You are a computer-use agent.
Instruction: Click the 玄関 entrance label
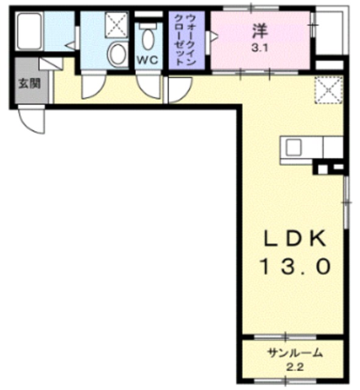(x=30, y=84)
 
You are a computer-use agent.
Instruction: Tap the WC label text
(x=147, y=60)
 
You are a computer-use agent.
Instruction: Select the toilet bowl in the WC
(x=147, y=39)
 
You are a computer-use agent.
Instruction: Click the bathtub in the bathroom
(x=30, y=31)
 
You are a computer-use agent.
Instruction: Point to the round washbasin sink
(x=117, y=54)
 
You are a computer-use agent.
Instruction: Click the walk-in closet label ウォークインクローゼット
(x=186, y=40)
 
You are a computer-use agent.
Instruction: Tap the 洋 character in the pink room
(x=260, y=31)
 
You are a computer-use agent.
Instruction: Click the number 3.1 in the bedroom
(x=259, y=48)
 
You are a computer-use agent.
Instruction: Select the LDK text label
(x=295, y=238)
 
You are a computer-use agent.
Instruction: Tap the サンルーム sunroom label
(x=295, y=353)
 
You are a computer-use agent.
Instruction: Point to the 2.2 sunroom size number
(x=295, y=367)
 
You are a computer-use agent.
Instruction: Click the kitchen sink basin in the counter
(x=294, y=147)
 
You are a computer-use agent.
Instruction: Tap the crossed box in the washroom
(x=116, y=25)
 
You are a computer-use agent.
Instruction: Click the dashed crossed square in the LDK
(x=328, y=90)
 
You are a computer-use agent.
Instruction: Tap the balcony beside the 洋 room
(x=331, y=31)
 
